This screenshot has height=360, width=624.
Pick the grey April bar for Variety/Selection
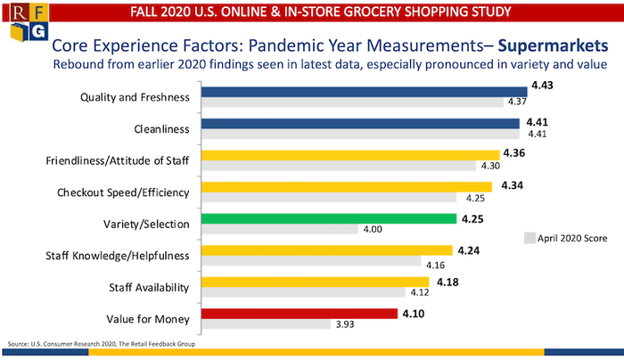click(280, 230)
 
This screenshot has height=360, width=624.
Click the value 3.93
click(344, 324)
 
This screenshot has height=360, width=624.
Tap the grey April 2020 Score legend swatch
click(529, 238)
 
